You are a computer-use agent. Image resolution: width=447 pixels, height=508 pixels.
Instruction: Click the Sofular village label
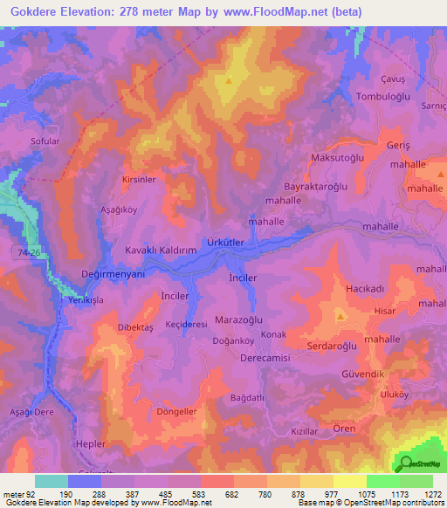pyautogui.click(x=45, y=139)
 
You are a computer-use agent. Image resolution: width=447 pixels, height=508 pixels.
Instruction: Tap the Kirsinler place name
pyautogui.click(x=139, y=179)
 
